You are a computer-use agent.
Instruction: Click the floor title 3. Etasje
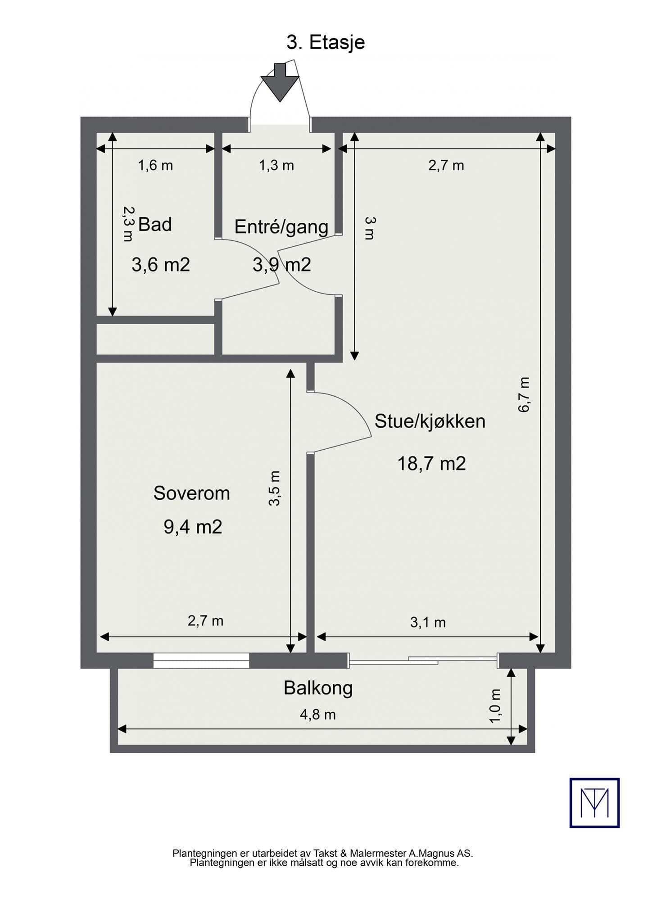[326, 42]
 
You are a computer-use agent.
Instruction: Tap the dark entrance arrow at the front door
[280, 82]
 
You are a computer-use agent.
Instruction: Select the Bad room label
[155, 224]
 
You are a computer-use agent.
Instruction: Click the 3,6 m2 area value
[161, 264]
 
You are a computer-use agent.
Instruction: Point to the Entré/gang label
[281, 226]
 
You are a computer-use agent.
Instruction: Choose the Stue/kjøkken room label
[430, 421]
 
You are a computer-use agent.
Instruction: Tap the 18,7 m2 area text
[431, 463]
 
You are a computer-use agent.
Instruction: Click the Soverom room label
[192, 493]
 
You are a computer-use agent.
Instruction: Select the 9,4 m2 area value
[193, 526]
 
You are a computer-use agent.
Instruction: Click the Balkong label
[318, 688]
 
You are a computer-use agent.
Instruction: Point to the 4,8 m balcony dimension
[318, 714]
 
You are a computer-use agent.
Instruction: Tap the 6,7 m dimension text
[524, 395]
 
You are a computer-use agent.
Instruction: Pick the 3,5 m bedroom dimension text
[274, 488]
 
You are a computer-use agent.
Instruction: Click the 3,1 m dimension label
[428, 622]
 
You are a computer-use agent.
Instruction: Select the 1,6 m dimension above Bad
[155, 165]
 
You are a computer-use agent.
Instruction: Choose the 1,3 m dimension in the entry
[276, 165]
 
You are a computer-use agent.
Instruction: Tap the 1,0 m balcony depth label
[495, 706]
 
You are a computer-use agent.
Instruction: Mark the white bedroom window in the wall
[201, 660]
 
